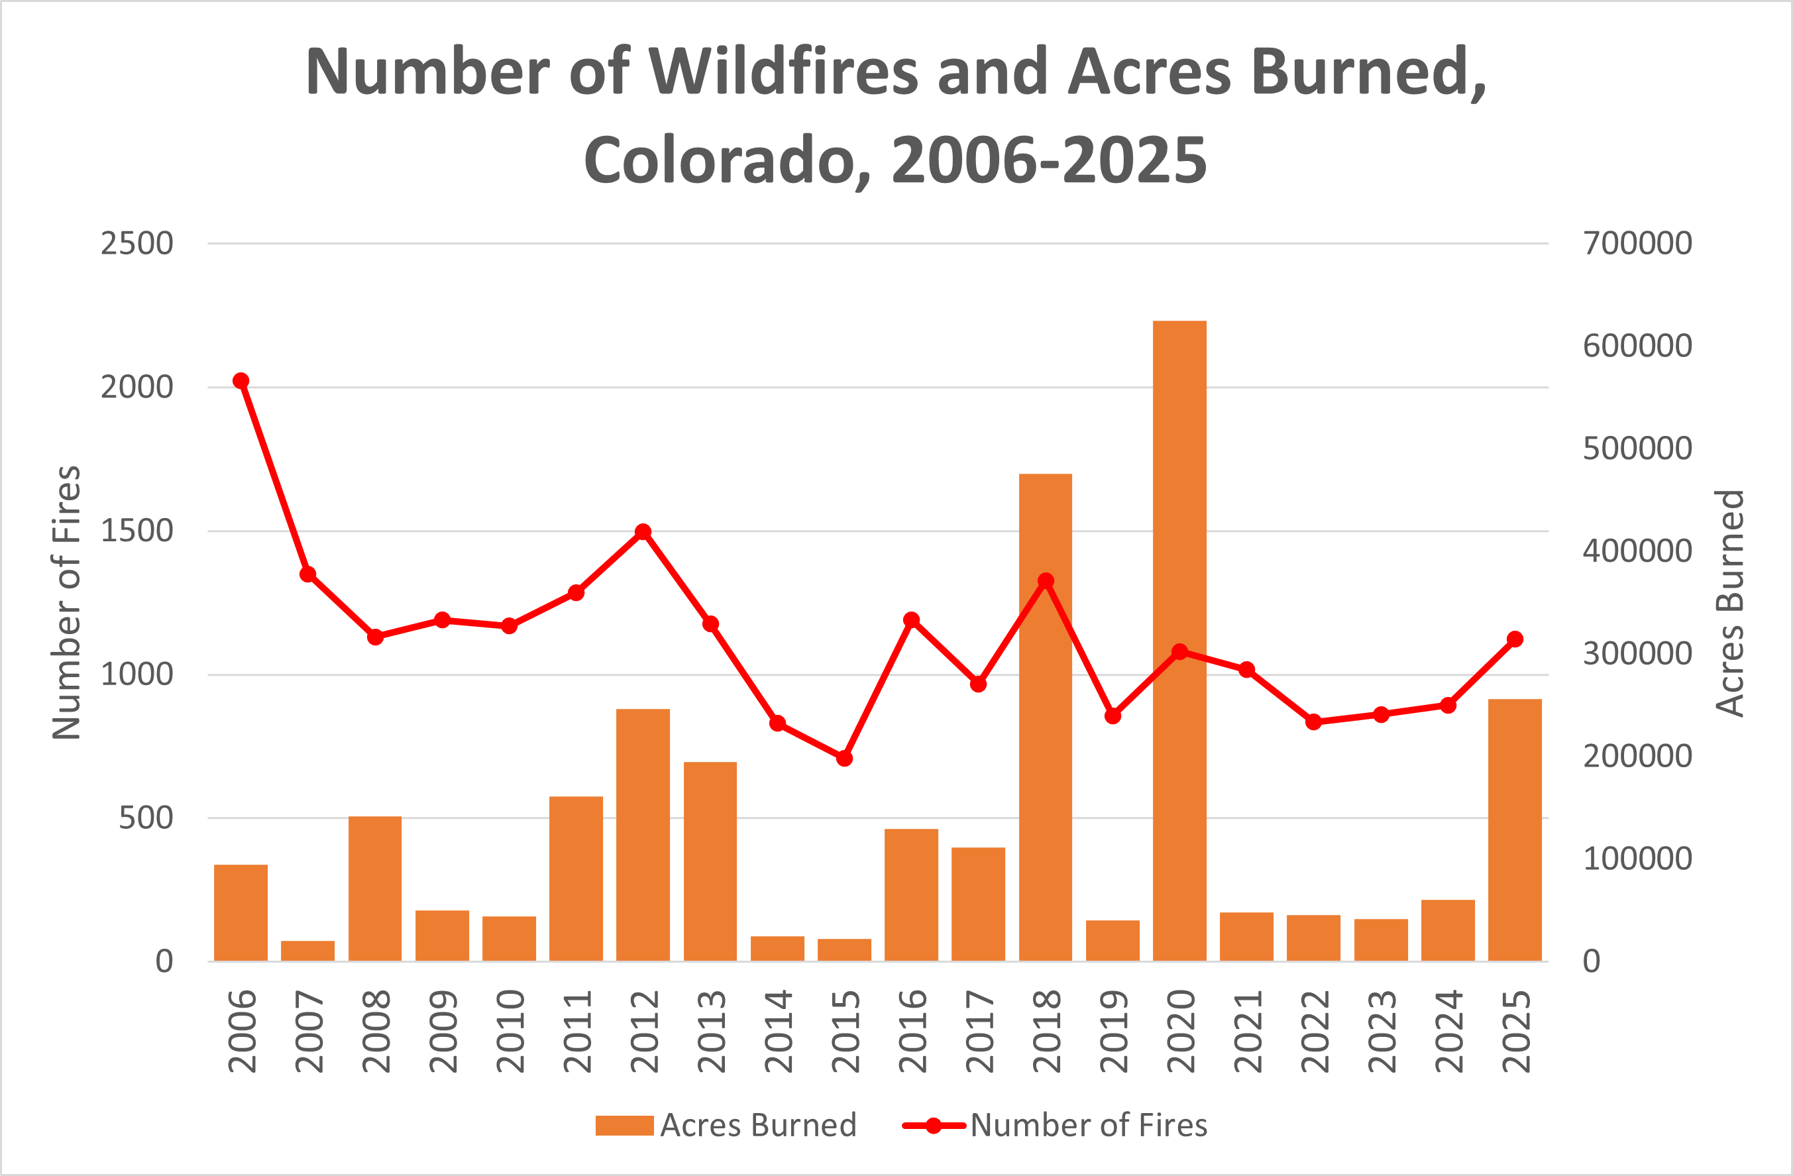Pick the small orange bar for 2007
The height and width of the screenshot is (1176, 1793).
(x=307, y=951)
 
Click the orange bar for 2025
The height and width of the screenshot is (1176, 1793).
(x=1515, y=829)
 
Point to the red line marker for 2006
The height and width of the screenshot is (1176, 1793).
(x=241, y=381)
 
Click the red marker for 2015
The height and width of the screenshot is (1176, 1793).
(x=845, y=759)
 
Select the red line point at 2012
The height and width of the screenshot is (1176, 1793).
(x=643, y=532)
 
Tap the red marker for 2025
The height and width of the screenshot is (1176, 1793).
(x=1515, y=639)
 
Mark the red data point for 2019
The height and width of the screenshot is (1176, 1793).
(x=1113, y=716)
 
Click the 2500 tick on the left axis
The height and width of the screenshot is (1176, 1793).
(x=137, y=243)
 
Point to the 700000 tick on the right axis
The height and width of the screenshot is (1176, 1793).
(x=1637, y=243)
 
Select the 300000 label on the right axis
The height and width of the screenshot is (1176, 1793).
(x=1637, y=653)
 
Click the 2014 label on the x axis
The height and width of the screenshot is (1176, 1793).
(x=777, y=1032)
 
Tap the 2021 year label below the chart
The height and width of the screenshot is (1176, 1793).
(x=1247, y=1032)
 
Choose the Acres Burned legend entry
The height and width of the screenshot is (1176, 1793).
(x=757, y=1126)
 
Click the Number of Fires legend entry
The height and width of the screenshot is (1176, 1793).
(x=1087, y=1126)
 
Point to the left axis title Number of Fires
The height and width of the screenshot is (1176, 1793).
(x=66, y=603)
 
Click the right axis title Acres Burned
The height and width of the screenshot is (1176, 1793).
(x=1729, y=603)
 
